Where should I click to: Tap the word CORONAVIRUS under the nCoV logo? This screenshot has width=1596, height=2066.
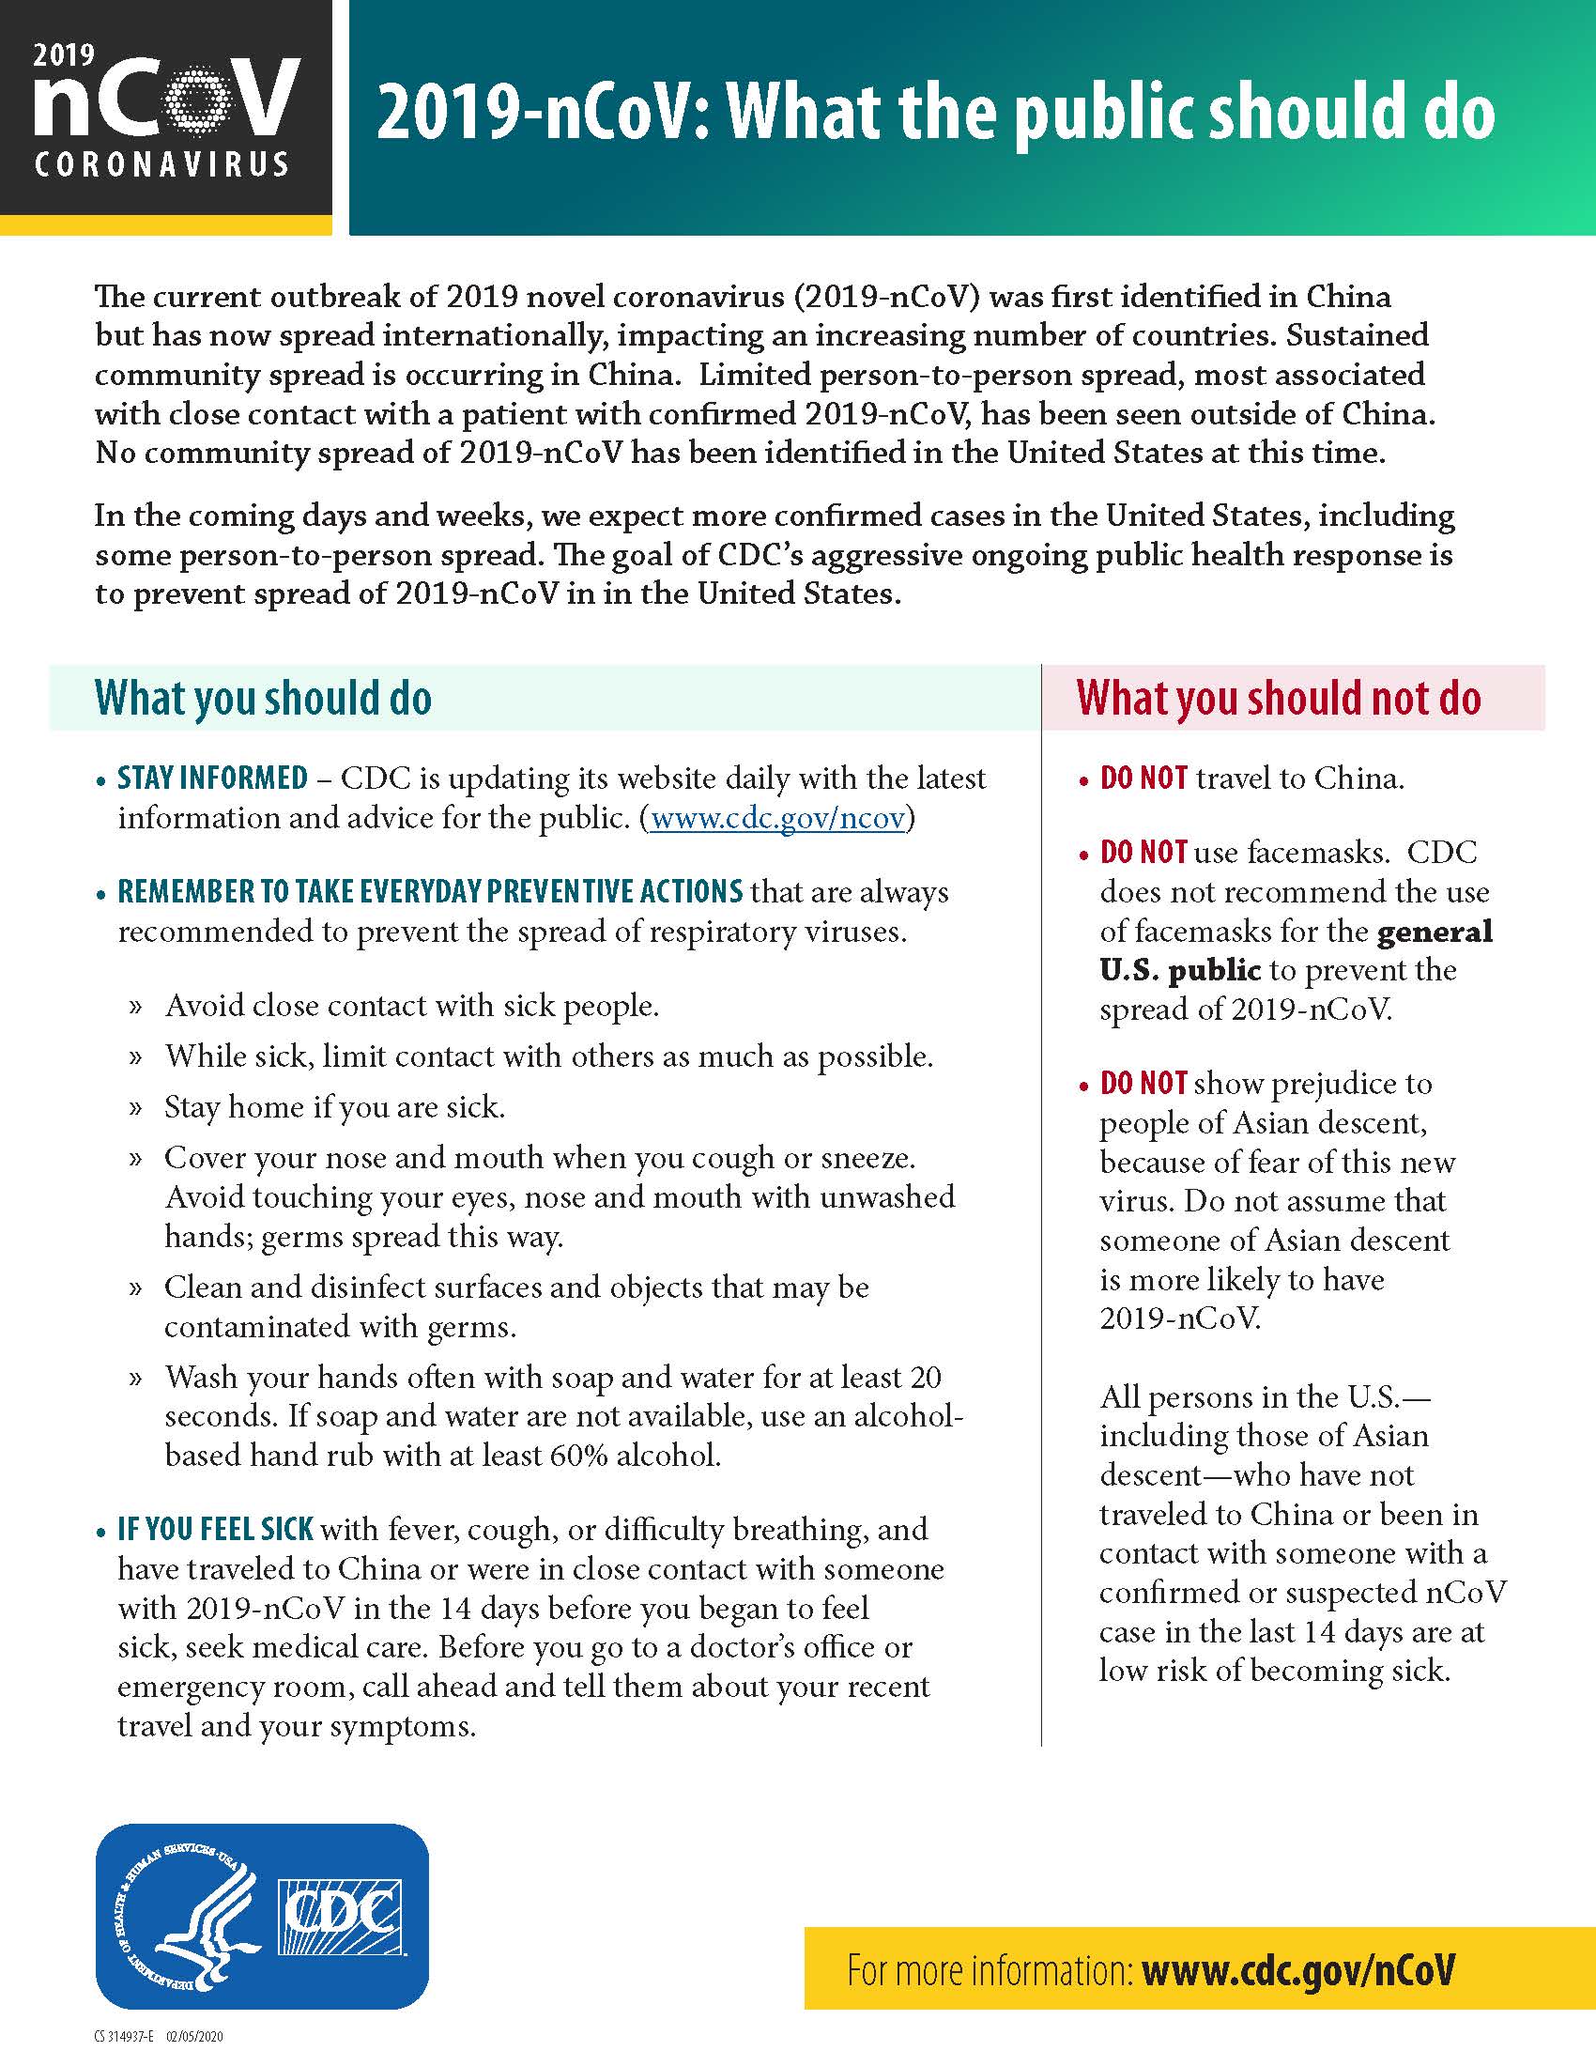click(x=161, y=165)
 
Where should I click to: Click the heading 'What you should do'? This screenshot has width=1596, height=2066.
click(x=263, y=698)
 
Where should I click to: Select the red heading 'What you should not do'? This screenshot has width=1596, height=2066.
click(x=1279, y=698)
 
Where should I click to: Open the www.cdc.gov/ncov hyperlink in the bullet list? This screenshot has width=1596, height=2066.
click(x=778, y=817)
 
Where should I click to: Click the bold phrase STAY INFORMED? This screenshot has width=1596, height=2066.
click(x=213, y=778)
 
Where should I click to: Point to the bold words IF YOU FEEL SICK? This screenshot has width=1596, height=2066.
click(x=215, y=1530)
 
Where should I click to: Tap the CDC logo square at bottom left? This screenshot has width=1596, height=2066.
click(x=342, y=1917)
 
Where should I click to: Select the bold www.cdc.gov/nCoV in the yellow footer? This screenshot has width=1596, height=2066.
click(x=1297, y=1970)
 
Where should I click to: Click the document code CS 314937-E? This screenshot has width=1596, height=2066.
click(x=126, y=2037)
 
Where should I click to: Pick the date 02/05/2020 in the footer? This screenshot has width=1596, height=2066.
click(x=195, y=2037)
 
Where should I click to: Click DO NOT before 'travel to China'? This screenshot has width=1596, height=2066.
click(x=1143, y=778)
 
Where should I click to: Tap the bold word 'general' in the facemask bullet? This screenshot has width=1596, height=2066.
click(x=1435, y=931)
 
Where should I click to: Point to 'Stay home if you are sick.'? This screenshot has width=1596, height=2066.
click(x=335, y=1107)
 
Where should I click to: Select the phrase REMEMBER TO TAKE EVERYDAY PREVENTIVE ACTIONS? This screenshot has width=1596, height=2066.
click(x=430, y=891)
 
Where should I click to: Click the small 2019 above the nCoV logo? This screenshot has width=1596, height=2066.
click(x=64, y=54)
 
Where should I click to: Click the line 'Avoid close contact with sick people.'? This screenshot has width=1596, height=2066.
click(x=411, y=1005)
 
